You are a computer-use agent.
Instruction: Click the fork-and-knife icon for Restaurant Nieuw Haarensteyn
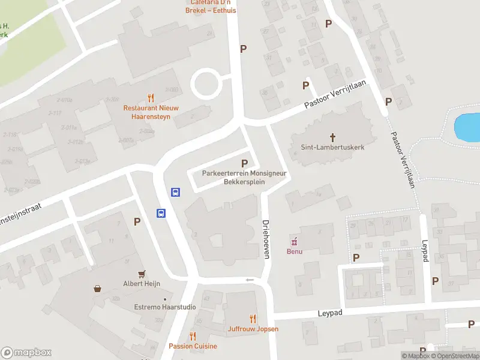[x=151, y=98]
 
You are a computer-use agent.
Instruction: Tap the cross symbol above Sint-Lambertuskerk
[x=333, y=137]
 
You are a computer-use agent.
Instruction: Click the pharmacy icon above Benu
[x=294, y=242]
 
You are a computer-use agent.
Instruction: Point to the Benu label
[x=294, y=251]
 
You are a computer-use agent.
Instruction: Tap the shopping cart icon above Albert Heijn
[x=142, y=274]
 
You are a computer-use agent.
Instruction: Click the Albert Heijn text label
[x=142, y=284]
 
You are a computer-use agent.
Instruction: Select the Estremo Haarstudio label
[x=164, y=307]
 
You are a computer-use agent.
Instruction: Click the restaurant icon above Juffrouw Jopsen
[x=253, y=319]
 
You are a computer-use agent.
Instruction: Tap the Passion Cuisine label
[x=193, y=346]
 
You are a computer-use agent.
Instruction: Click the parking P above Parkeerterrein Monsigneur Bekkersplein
[x=244, y=163]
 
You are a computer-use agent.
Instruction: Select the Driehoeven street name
[x=266, y=238]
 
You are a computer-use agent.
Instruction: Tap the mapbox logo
[x=26, y=353]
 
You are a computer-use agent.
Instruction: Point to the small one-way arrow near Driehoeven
[x=250, y=280]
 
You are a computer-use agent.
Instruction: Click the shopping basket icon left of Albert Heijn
[x=97, y=289]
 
